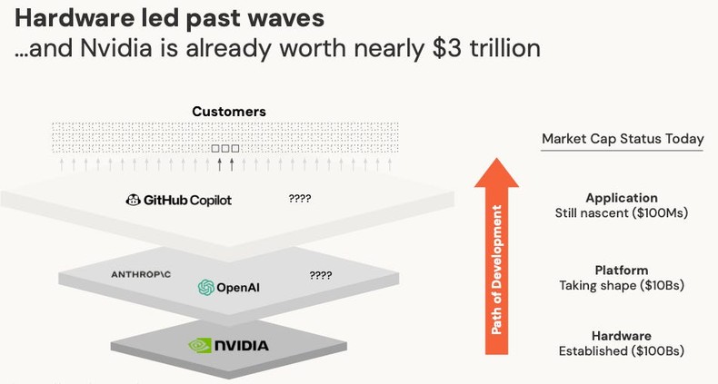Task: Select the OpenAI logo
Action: [x=206, y=288]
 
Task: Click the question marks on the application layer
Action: [x=300, y=198]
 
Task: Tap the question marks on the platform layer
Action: [x=320, y=275]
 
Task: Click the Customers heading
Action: [x=229, y=112]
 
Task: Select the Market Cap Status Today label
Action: [x=623, y=139]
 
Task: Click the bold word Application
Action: [x=622, y=198]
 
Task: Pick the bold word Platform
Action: [x=622, y=270]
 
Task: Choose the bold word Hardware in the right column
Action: [x=622, y=336]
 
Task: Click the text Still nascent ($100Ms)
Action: [x=622, y=213]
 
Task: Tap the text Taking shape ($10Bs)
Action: [x=622, y=285]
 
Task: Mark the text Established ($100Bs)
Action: [x=622, y=350]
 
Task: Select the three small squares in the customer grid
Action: [x=225, y=149]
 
